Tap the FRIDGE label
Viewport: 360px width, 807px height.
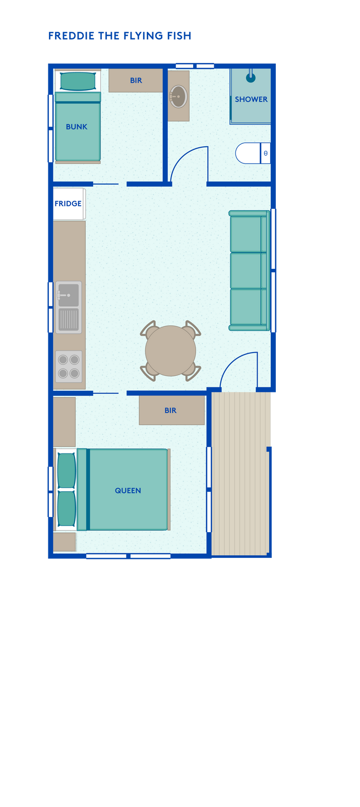coord(68,204)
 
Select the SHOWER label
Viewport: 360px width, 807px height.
coord(251,99)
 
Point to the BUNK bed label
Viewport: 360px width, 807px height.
coord(77,127)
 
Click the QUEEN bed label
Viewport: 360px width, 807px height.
coord(128,490)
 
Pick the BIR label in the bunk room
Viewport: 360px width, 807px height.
coord(136,80)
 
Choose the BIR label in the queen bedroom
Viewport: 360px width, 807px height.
coord(170,411)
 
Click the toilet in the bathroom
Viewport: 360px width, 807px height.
coord(253,153)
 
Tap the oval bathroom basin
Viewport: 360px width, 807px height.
coord(178,96)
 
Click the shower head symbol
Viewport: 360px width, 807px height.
coord(251,77)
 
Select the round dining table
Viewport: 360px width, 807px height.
coord(170,351)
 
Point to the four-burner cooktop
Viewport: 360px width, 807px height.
coord(69,366)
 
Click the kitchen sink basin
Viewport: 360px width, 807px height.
coord(69,295)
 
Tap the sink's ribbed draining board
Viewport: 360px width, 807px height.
coord(69,320)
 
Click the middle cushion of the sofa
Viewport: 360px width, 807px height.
coord(246,271)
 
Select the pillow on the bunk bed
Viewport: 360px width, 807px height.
coord(78,81)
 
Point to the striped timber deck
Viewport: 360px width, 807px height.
coord(241,474)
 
